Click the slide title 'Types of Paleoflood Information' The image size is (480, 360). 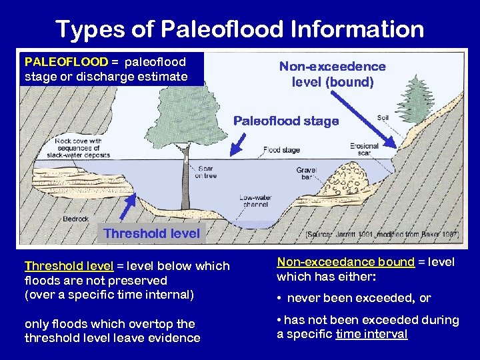point(239,29)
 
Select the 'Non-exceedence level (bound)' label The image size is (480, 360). point(332,74)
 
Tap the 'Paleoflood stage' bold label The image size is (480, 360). point(285,121)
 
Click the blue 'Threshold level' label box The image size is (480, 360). point(151,233)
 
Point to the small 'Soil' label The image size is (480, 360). point(383,118)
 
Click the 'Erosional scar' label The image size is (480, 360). point(364,149)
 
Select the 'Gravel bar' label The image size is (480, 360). point(306,174)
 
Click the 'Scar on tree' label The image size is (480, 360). point(205,172)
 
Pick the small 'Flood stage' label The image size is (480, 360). point(281,150)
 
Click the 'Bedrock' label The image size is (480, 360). point(75,218)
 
